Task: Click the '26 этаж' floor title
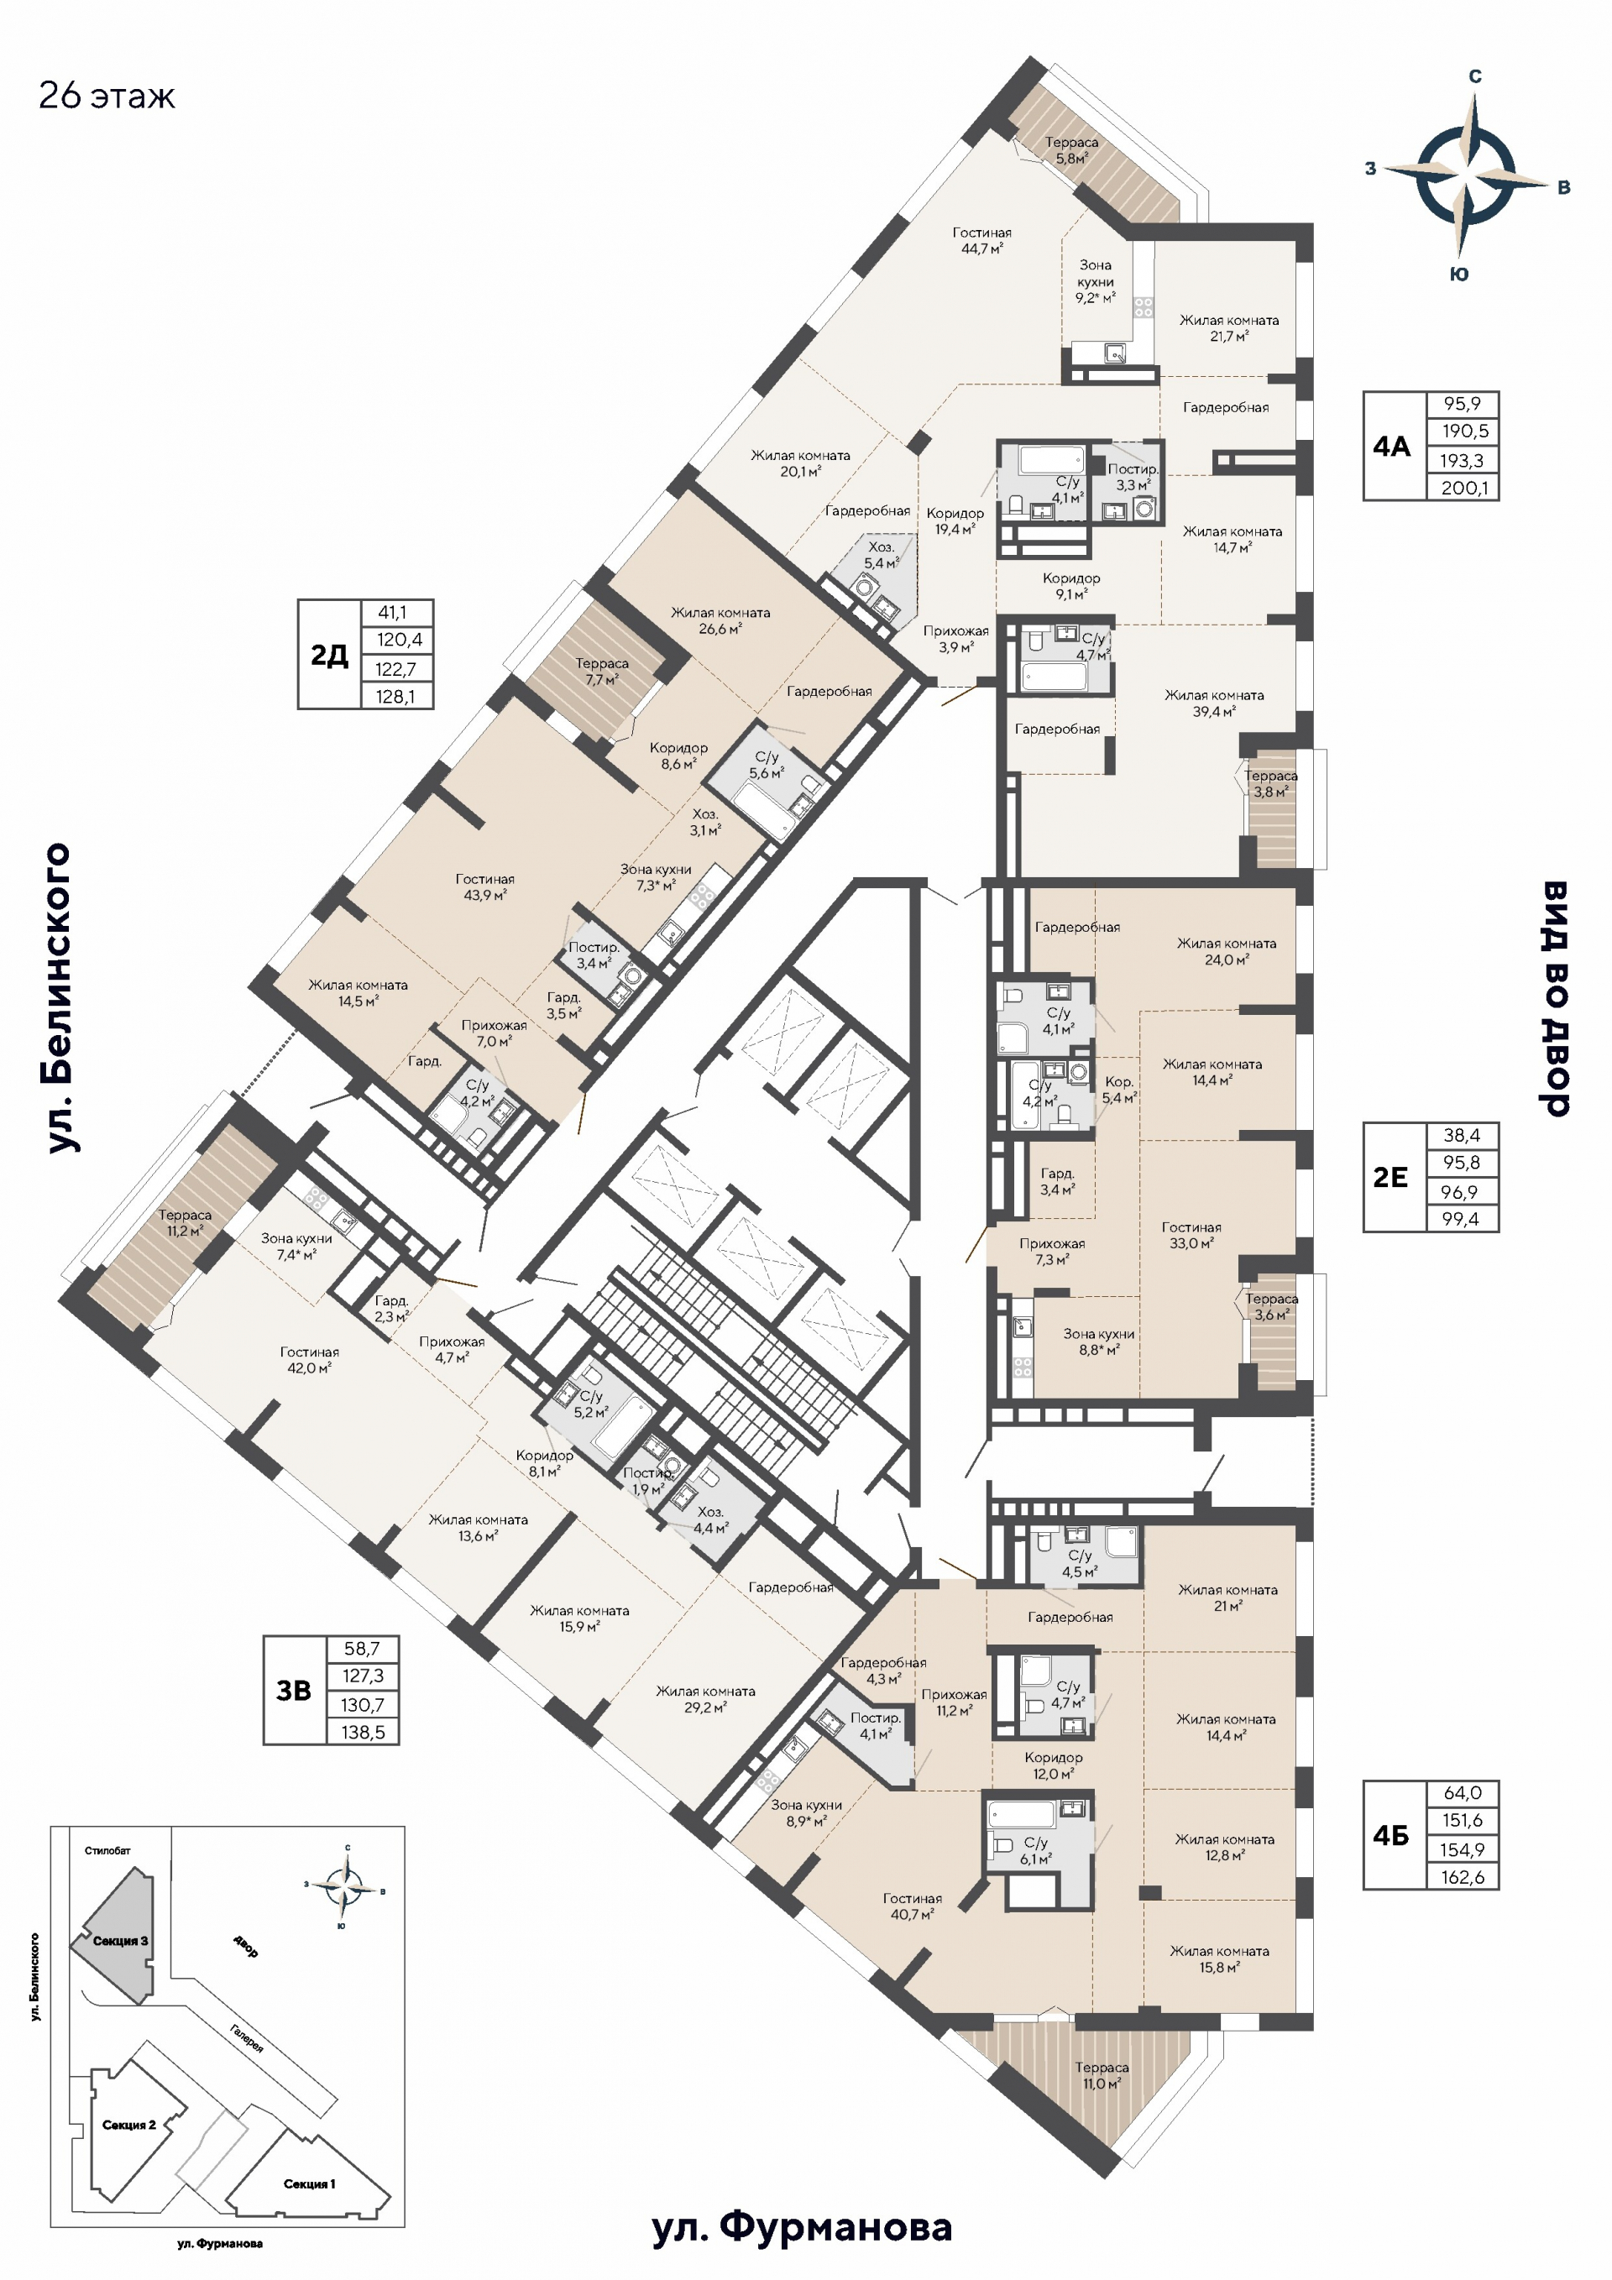click(107, 97)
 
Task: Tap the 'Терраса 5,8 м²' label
click(1070, 150)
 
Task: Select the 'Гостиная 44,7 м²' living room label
click(981, 240)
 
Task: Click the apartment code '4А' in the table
click(1391, 447)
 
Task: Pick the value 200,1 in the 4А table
click(1463, 488)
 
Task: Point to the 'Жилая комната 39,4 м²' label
click(1214, 703)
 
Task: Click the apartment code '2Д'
click(329, 655)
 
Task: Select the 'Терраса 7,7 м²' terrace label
click(601, 672)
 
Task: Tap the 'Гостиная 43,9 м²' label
click(484, 886)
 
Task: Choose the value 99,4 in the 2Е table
click(1460, 1218)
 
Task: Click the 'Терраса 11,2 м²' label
click(185, 1221)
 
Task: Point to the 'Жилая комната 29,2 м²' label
click(705, 1698)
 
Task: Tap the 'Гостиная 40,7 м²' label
click(912, 1906)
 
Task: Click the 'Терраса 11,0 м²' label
click(1102, 2074)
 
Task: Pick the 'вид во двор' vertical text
click(1554, 997)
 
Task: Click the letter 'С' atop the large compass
click(1475, 76)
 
